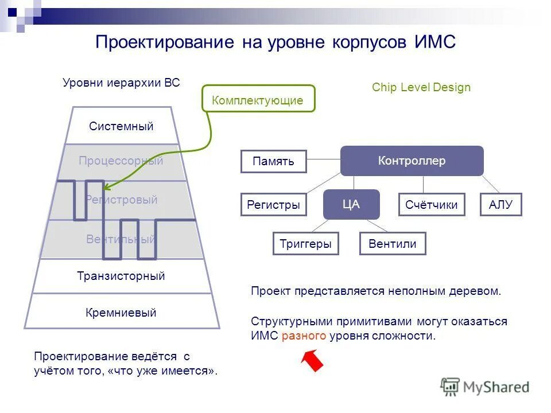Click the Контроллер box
click(412, 161)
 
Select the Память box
click(273, 161)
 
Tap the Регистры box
click(273, 205)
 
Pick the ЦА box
click(351, 204)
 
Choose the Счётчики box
click(431, 205)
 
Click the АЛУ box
click(500, 205)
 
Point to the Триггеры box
click(305, 244)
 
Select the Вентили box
click(393, 244)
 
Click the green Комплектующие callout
click(258, 99)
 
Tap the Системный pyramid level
click(121, 126)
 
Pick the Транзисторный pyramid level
click(121, 276)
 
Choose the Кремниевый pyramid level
click(121, 313)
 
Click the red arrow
click(312, 361)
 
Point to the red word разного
click(304, 336)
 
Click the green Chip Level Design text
click(421, 87)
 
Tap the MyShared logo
click(484, 387)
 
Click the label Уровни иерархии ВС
click(121, 83)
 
